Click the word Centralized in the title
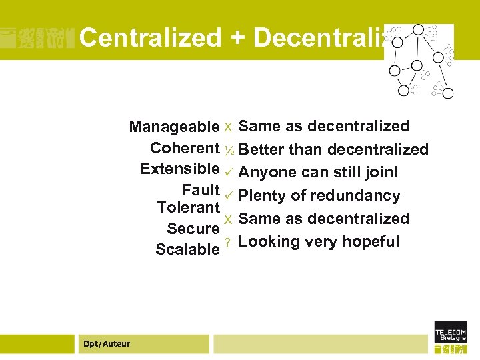[150, 38]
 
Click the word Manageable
[174, 127]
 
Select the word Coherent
[185, 147]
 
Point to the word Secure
[193, 229]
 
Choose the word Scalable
[187, 249]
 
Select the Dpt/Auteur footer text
[107, 344]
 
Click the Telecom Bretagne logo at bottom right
[451, 337]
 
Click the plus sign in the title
[237, 38]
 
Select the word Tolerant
[188, 207]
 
